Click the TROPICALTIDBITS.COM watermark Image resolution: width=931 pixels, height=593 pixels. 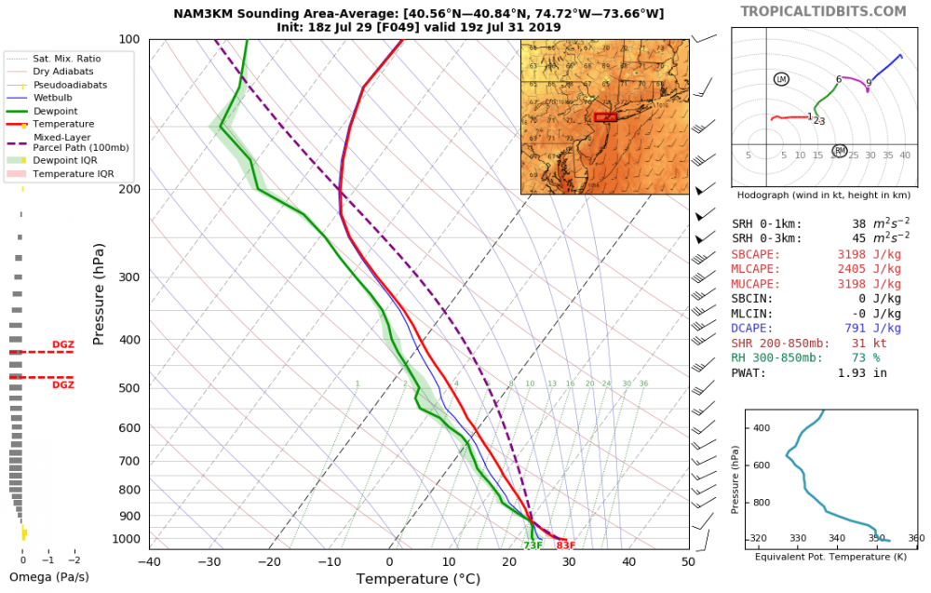click(822, 11)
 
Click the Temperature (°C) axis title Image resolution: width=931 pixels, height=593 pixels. click(418, 579)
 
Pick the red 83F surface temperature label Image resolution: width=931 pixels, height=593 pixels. click(565, 546)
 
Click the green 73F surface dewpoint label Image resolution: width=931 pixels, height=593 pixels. click(533, 546)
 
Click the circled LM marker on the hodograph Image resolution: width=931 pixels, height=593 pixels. click(780, 79)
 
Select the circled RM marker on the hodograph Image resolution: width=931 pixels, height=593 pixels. click(840, 151)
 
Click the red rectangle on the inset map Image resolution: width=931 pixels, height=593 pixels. click(605, 117)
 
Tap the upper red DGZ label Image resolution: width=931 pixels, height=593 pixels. click(63, 344)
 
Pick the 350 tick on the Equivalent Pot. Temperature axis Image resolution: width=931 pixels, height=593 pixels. click(876, 538)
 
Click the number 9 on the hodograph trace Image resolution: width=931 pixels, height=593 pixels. click(869, 83)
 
